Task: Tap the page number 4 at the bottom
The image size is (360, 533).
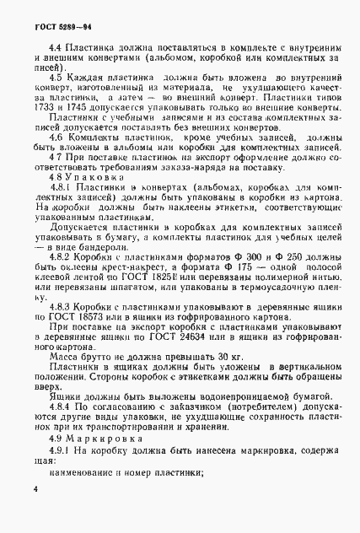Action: pos(35,488)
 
